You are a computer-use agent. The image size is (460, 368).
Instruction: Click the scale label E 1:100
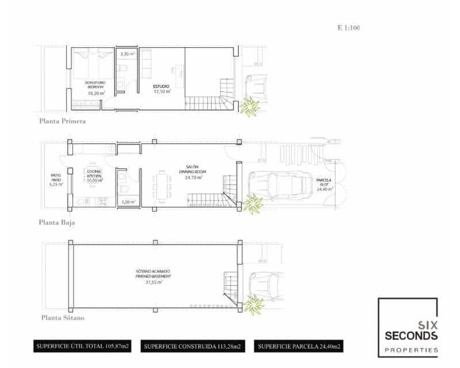[x=348, y=27]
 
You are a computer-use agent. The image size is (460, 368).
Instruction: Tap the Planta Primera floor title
[x=63, y=121]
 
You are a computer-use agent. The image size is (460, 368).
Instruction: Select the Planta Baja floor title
[x=58, y=222]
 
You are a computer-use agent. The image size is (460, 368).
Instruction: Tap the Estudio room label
[x=162, y=88]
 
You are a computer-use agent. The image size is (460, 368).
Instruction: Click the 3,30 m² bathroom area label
[x=127, y=54]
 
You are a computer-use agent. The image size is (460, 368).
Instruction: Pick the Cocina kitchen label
[x=94, y=174]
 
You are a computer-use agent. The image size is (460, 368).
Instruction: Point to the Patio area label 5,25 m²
[x=55, y=185]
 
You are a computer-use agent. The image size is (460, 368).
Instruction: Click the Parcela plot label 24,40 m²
[x=322, y=185]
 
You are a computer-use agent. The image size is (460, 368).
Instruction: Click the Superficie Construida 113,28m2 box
[x=193, y=346]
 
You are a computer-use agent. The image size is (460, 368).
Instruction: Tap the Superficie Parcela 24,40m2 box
[x=300, y=346]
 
